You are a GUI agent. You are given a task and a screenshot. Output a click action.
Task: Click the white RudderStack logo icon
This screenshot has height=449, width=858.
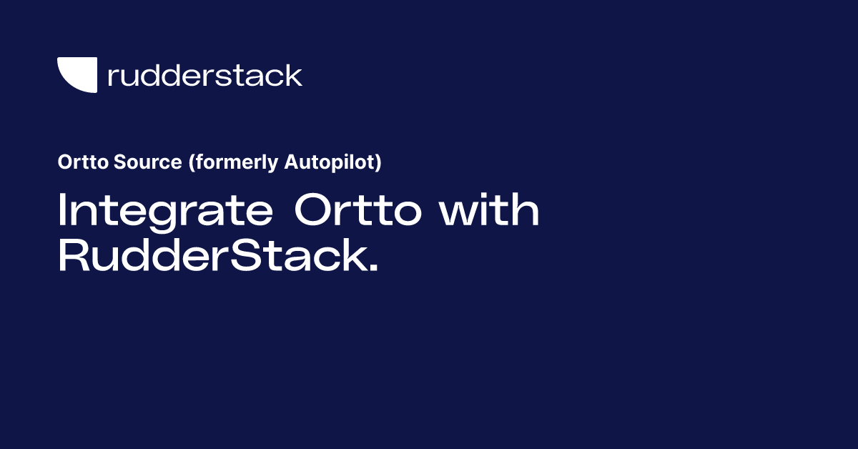[x=77, y=75]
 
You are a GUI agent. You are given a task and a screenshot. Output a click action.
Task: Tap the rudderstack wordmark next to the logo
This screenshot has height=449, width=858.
[x=204, y=75]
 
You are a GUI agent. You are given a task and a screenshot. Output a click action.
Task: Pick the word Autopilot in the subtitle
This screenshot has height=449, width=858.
[x=330, y=163]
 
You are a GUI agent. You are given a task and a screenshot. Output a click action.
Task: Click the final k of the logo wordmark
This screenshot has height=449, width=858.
[x=293, y=75]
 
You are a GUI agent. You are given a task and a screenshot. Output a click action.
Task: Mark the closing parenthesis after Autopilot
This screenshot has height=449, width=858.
[x=378, y=163]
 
